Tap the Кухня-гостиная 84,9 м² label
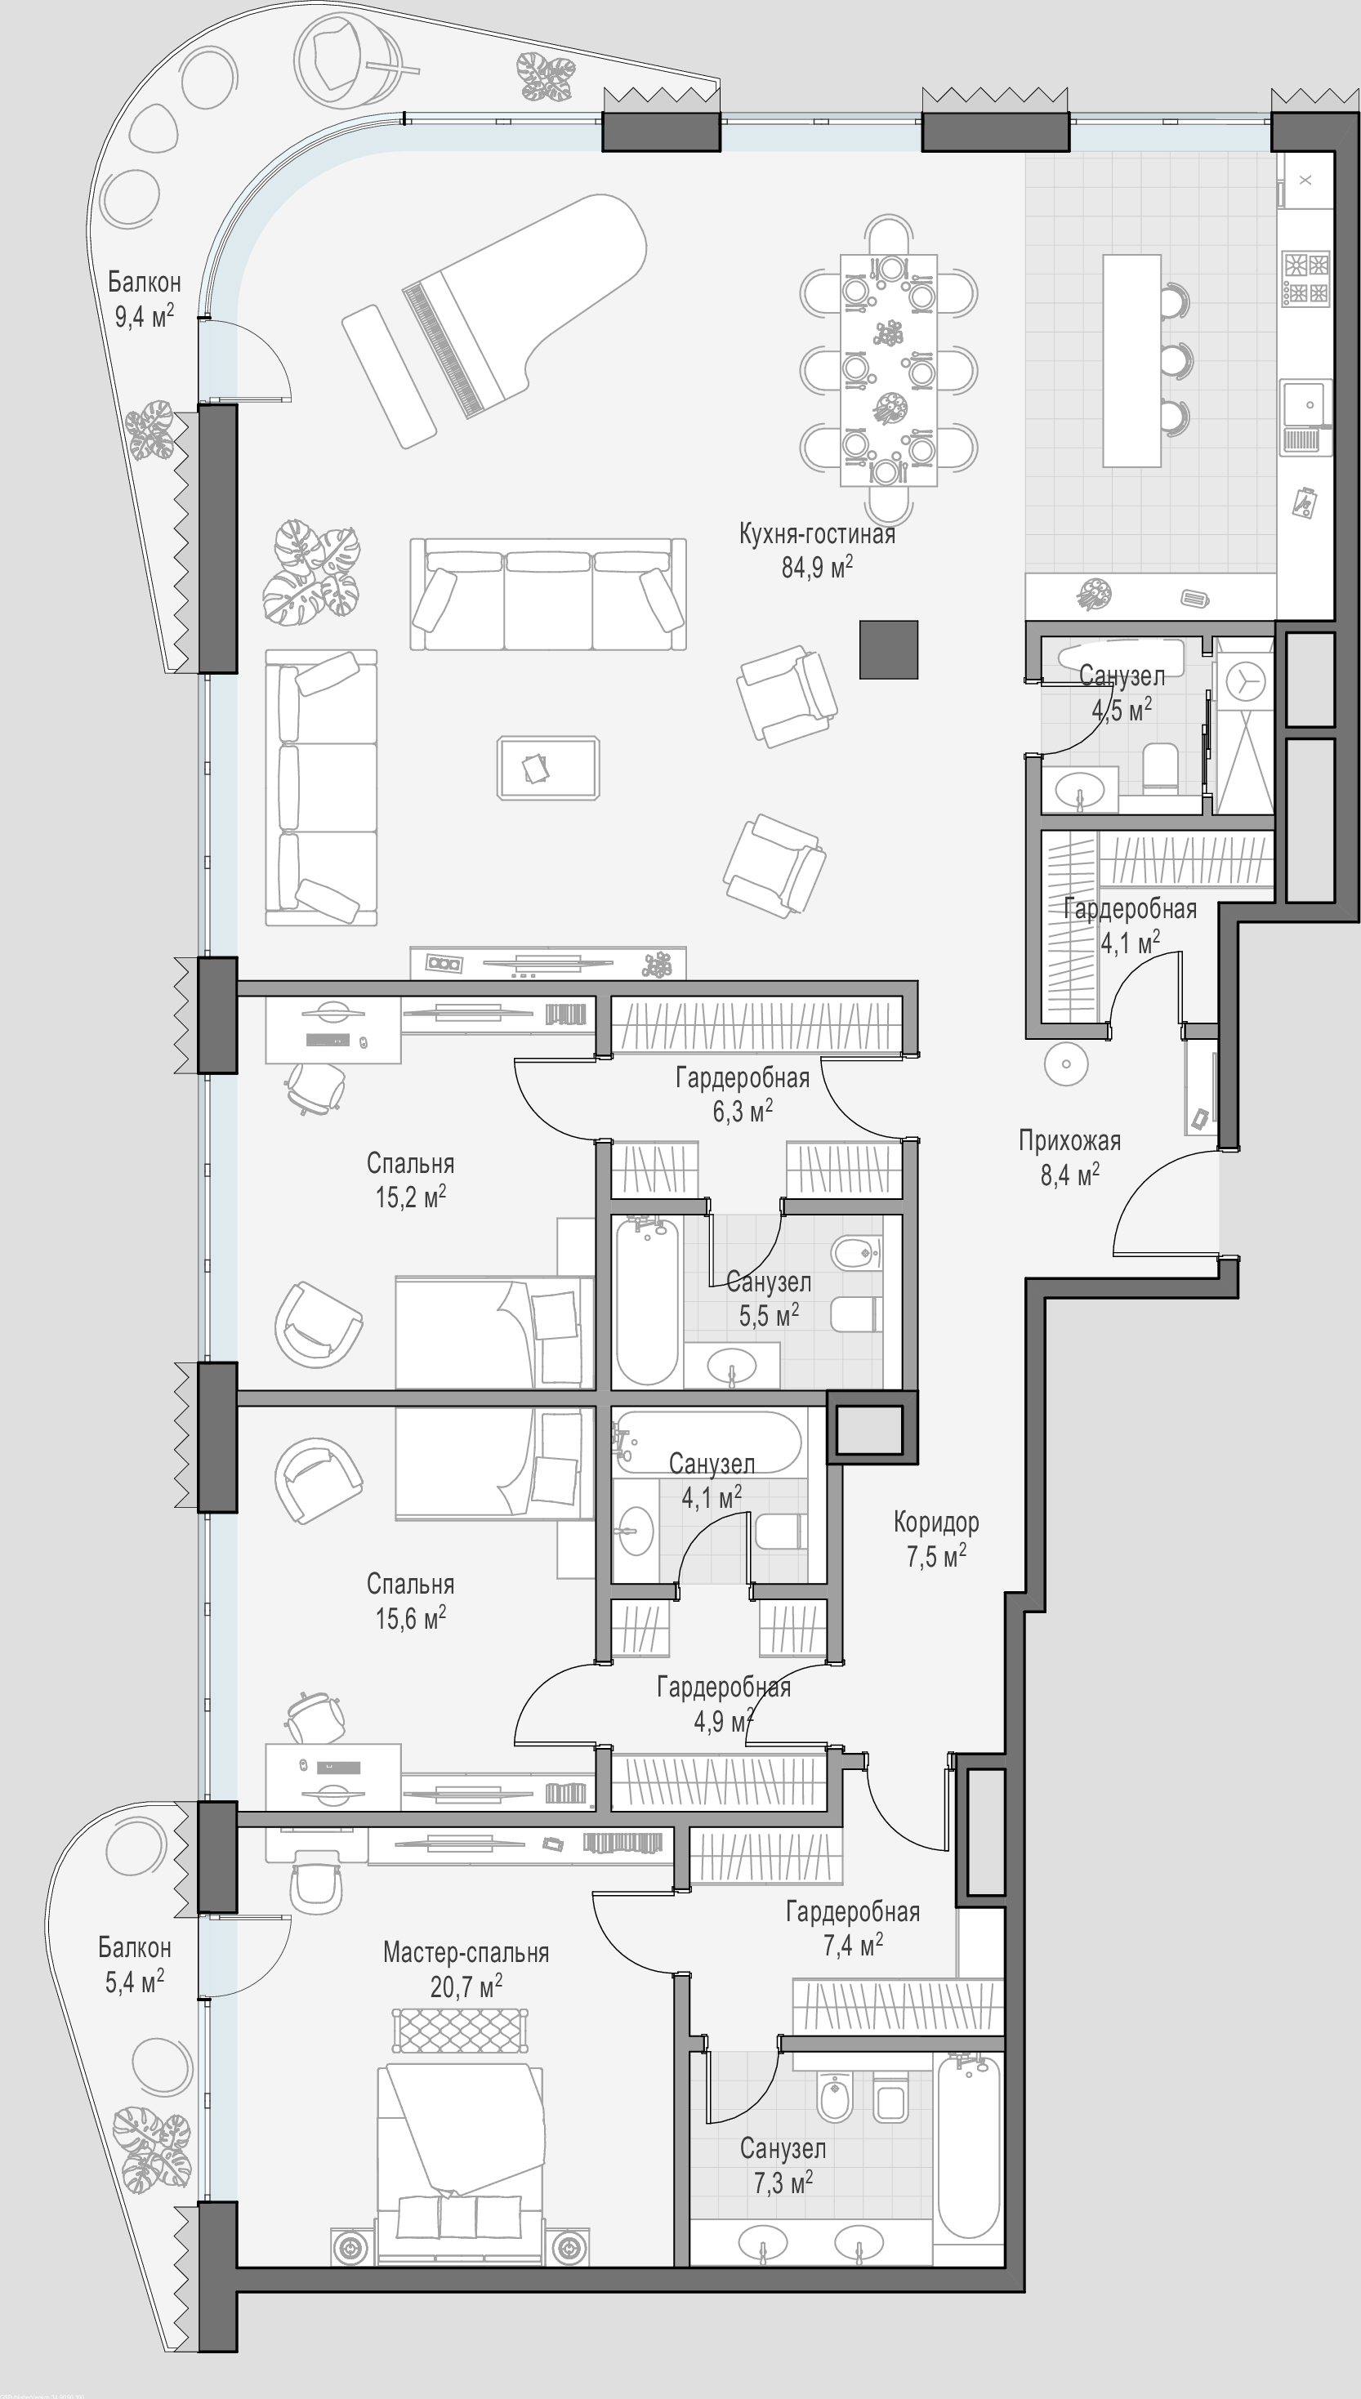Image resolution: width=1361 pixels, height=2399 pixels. [x=817, y=551]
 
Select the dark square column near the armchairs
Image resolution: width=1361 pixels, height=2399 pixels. [x=889, y=649]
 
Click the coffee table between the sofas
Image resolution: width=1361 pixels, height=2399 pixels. [x=549, y=767]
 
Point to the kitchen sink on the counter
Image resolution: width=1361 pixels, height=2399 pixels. [x=1305, y=403]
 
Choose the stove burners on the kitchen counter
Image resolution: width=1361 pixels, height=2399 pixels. [x=1305, y=279]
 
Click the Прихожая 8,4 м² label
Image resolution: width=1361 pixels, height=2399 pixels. [x=1069, y=1157]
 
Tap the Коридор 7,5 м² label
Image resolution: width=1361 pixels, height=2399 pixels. [x=935, y=1538]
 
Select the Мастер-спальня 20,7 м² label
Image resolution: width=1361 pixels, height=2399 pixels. [x=466, y=1969]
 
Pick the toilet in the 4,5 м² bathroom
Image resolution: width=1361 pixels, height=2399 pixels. [x=1162, y=768]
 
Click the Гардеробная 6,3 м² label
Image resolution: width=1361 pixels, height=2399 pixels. [x=743, y=1095]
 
